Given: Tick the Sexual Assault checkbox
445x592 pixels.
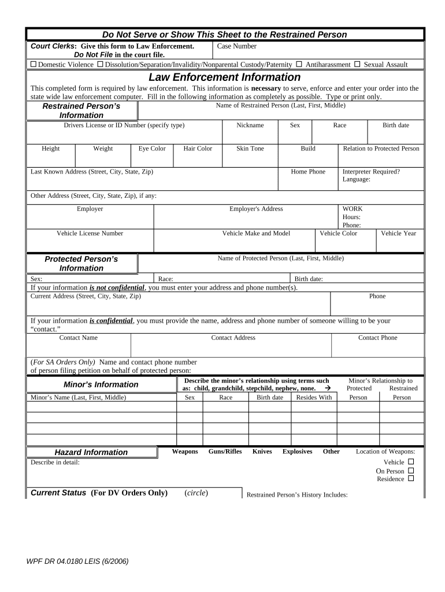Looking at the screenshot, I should click(357, 64).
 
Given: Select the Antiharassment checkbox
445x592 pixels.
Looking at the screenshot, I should click(299, 64).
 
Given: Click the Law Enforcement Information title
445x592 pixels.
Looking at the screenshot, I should click(224, 77).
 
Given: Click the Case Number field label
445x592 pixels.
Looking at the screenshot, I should click(237, 46).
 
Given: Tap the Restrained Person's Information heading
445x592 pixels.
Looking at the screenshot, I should click(81, 110).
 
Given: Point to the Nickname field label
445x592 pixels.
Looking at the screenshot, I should click(250, 125).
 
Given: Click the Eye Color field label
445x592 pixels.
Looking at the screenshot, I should click(152, 149).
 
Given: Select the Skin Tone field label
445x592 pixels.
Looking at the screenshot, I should click(250, 149).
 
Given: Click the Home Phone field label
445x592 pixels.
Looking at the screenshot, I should click(308, 172).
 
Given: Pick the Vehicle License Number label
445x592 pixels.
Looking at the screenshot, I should click(90, 234).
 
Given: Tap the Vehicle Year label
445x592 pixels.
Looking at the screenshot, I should click(398, 234).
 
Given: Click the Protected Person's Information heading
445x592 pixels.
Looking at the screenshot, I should click(81, 264).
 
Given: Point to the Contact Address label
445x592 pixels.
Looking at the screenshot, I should click(233, 338).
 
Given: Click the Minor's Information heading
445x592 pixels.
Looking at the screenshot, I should click(101, 384).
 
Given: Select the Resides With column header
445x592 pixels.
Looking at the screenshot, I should click(314, 398).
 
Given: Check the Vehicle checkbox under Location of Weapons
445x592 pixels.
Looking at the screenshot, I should click(411, 462).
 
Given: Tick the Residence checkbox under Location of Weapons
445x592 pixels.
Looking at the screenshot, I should click(411, 479).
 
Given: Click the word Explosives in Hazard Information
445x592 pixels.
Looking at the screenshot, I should click(297, 452).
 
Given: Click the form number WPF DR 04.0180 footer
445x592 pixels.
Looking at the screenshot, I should click(77, 561).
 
